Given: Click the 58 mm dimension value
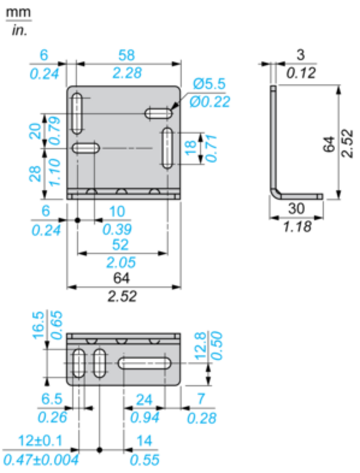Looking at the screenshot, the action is coord(127,55).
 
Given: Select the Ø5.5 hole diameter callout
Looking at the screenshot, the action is coord(209,83).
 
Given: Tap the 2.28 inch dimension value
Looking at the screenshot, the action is coord(127,73).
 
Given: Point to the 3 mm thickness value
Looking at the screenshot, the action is coord(300,55).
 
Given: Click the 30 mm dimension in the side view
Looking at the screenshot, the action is coord(296,209).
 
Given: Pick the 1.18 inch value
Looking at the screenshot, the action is coord(297,226).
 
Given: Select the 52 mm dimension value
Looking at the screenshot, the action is coord(121,244).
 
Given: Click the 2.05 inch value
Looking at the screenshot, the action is coord(121,262).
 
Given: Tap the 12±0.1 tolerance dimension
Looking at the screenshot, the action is coord(40,440).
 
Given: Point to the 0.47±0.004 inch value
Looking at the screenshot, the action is coord(41,460).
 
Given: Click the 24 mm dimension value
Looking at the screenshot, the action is coord(144,400).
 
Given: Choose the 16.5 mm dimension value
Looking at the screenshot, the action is coord(38,326).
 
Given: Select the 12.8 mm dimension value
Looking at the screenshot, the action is coord(200,346).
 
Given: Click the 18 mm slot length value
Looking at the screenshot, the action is coord(191,148).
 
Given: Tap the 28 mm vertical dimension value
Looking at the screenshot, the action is coord(35,174).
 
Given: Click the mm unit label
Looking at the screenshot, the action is coord(18,12).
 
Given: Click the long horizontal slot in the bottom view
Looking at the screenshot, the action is coord(144,363).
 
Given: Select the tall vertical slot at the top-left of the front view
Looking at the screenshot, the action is coord(77,114).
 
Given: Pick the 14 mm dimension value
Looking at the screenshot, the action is coord(144,441).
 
